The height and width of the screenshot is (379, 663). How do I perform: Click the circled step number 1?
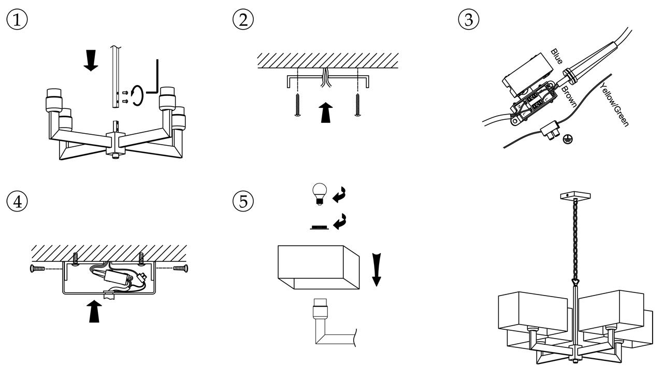[x=17, y=20]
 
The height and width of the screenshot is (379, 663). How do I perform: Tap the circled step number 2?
[x=243, y=20]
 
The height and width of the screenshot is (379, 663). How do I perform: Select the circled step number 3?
[x=469, y=20]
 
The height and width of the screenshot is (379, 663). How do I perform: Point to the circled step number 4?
[x=17, y=201]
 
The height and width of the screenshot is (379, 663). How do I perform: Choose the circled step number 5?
[x=243, y=201]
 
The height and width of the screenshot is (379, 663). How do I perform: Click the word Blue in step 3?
[x=557, y=57]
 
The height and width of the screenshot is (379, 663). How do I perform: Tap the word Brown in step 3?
[x=569, y=96]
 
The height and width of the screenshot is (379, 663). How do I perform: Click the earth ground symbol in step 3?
[x=568, y=138]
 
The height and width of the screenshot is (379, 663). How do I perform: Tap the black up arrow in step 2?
[x=325, y=112]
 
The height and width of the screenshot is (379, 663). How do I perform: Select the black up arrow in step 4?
[x=94, y=311]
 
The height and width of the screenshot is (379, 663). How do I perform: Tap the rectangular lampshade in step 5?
[x=318, y=267]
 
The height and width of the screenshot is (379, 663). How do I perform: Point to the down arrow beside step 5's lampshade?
[x=377, y=269]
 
